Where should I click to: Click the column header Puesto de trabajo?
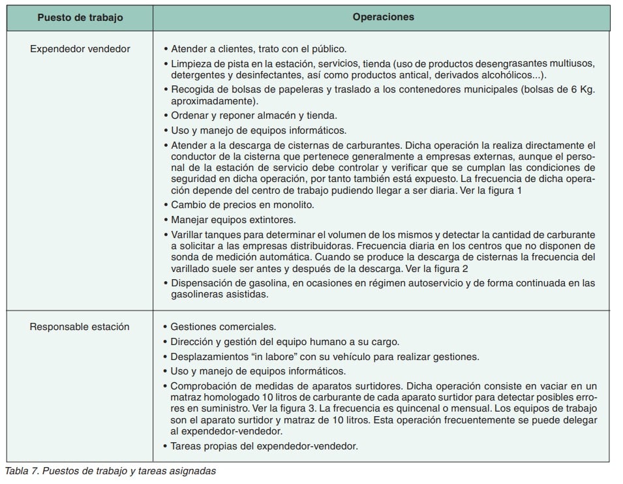(80, 18)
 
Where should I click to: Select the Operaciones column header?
(383, 18)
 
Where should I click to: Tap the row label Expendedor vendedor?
(80, 49)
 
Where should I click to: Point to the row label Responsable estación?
(80, 327)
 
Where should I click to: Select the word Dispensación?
(201, 282)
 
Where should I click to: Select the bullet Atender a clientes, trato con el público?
(259, 49)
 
